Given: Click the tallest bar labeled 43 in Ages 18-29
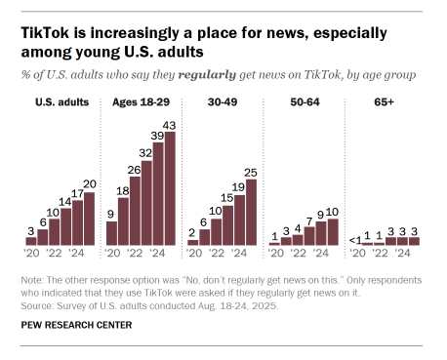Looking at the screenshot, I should (170, 187).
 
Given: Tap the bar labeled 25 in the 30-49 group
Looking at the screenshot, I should (251, 212).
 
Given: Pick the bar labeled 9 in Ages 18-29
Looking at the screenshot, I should (111, 232).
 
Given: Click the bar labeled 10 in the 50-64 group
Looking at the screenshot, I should (332, 231).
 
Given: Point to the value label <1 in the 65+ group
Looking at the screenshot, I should (353, 235).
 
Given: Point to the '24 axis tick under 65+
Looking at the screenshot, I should (401, 254).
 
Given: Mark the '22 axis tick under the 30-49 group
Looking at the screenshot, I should (216, 254).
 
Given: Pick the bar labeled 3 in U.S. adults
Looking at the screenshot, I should (31, 240).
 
